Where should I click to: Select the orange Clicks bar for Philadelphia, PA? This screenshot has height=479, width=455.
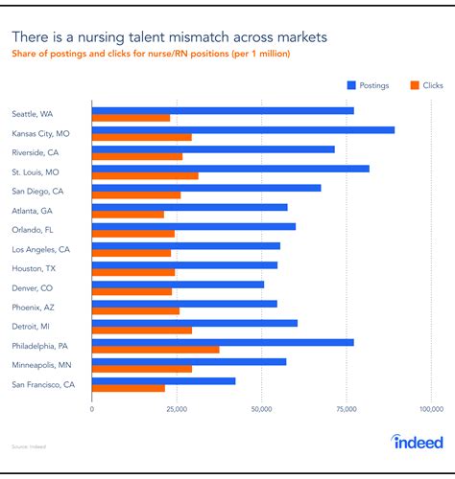pyautogui.click(x=156, y=350)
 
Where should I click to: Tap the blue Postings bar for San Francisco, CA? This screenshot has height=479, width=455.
pyautogui.click(x=163, y=380)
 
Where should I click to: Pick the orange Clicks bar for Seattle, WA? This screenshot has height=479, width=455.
pyautogui.click(x=131, y=118)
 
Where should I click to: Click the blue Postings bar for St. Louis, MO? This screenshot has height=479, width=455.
pyautogui.click(x=230, y=169)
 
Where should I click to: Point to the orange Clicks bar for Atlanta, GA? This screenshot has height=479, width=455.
pyautogui.click(x=128, y=214)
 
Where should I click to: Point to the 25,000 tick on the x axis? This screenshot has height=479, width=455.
pyautogui.click(x=177, y=408)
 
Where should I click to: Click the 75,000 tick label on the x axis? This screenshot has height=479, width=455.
pyautogui.click(x=347, y=408)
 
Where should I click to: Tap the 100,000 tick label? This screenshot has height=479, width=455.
pyautogui.click(x=431, y=408)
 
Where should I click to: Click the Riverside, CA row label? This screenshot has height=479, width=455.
pyautogui.click(x=35, y=152)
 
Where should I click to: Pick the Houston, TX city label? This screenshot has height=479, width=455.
pyautogui.click(x=34, y=268)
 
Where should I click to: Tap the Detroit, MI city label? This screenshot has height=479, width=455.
pyautogui.click(x=32, y=327)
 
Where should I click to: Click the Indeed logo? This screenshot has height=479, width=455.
pyautogui.click(x=418, y=442)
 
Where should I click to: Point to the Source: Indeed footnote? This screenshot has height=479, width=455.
pyautogui.click(x=28, y=446)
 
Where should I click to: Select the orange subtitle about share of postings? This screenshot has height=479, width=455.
pyautogui.click(x=151, y=55)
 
